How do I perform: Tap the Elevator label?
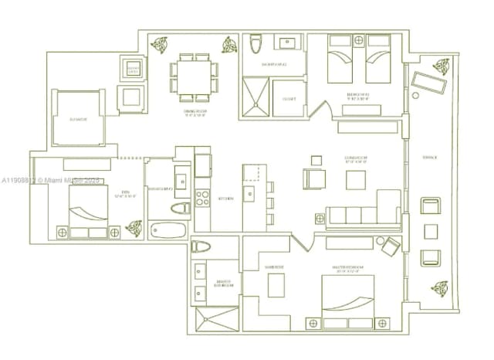77,120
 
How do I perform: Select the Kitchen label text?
225,199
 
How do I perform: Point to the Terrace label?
429,158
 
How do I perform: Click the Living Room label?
355,161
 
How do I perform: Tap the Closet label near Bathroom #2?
289,99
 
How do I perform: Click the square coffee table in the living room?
356,180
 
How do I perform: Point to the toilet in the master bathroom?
202,247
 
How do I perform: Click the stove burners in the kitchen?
202,197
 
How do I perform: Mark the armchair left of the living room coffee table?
314,178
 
